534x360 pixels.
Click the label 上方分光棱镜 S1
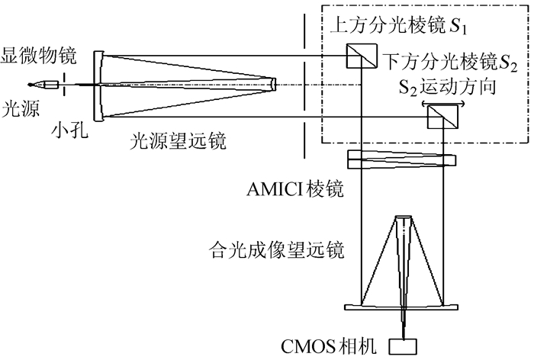395,28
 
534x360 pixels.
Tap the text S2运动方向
442,86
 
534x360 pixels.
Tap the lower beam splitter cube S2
436,117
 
